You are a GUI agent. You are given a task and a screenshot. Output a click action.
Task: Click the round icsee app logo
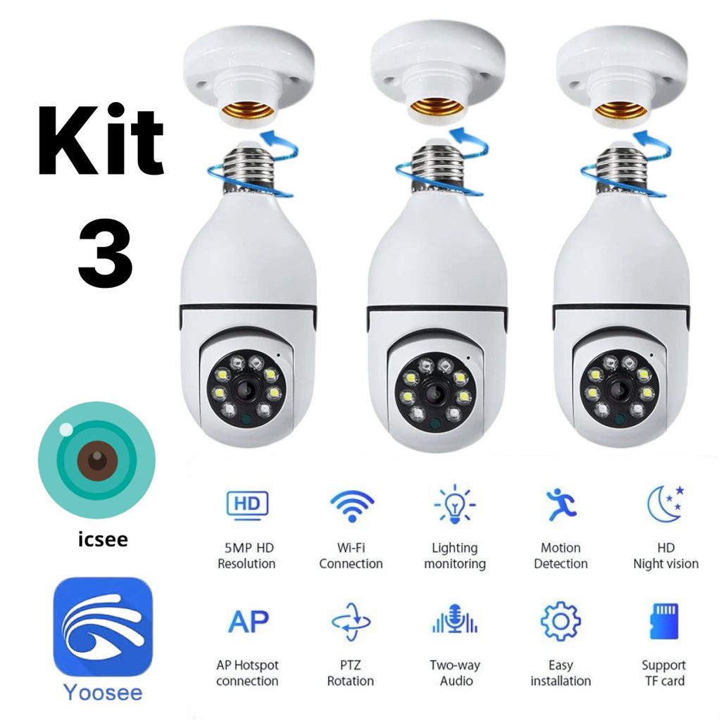(96, 460)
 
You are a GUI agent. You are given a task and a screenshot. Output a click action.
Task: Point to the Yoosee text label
(103, 693)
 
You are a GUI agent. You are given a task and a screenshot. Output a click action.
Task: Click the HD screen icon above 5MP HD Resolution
(246, 505)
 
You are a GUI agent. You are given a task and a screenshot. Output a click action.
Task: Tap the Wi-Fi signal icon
(351, 504)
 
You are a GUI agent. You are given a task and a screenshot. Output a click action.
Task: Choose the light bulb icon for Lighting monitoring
(454, 504)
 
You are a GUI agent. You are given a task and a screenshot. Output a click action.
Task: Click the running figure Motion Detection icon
(561, 504)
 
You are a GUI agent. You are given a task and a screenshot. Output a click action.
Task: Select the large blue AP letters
(248, 622)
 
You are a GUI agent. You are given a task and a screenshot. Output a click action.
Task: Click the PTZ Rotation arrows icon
(351, 622)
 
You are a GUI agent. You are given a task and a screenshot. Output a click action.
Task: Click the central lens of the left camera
(246, 389)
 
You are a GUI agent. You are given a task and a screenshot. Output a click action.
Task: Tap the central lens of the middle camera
(434, 392)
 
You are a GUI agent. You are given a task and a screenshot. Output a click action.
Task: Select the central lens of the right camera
(620, 389)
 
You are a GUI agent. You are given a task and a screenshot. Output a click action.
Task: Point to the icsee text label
(103, 540)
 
